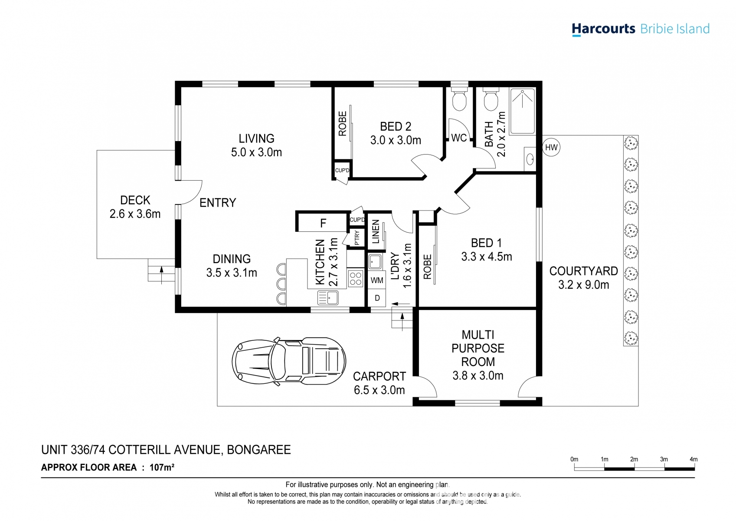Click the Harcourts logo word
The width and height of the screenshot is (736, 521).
coord(603,29)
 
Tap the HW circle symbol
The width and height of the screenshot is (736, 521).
coord(551,147)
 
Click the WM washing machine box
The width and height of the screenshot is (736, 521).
coord(376,280)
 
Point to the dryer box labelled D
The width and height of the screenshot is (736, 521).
coord(377,298)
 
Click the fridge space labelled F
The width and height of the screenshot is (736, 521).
coord(323,223)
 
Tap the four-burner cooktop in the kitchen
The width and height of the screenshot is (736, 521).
coord(355,279)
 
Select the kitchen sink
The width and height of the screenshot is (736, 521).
coord(328,298)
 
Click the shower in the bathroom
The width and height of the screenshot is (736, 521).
coord(522,111)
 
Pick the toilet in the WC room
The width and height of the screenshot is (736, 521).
coord(459,99)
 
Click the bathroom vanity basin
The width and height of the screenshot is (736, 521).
coord(530,159)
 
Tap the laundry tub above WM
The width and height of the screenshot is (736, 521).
coord(375,262)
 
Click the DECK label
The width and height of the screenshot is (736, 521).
coord(135,200)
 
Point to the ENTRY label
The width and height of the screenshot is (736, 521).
coord(218,203)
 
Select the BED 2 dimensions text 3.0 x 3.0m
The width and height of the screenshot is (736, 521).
coord(396,140)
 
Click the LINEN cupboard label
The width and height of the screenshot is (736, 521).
coord(376,231)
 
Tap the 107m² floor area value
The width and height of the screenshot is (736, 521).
coord(162,467)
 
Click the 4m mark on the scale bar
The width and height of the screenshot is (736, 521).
coord(693,459)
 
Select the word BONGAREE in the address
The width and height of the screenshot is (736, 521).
coord(259,450)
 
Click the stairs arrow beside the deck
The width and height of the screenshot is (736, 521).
coord(161,275)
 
